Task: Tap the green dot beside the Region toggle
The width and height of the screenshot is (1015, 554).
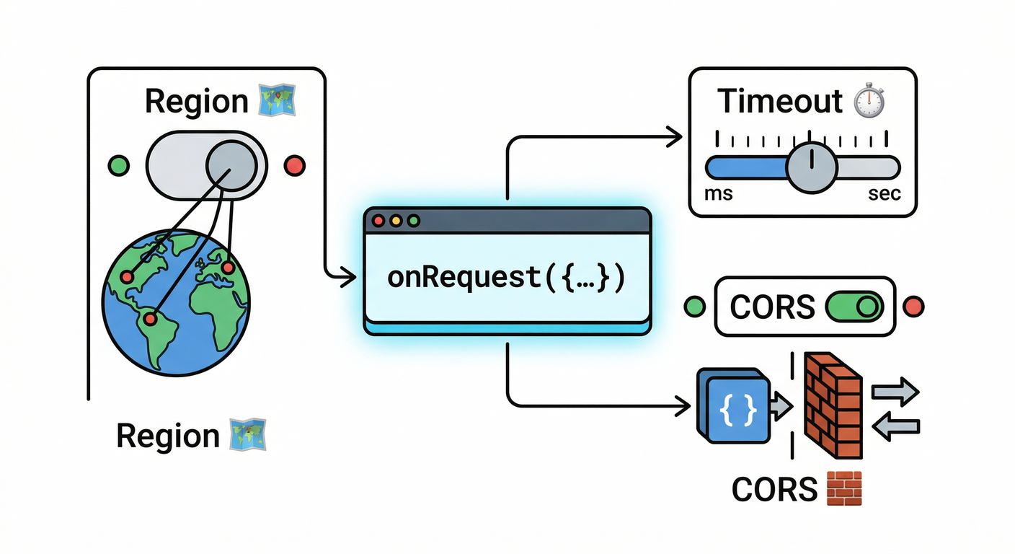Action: point(118,165)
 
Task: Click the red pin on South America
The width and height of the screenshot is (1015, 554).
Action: point(149,317)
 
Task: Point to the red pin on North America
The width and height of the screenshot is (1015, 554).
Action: point(128,276)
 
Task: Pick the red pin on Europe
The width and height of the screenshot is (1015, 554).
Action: point(229,268)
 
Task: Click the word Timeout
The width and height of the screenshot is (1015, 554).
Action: point(780,102)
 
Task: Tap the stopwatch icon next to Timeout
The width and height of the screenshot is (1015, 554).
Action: point(869,101)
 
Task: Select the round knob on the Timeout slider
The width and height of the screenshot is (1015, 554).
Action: point(810,167)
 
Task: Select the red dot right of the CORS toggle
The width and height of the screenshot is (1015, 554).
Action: point(913,307)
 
